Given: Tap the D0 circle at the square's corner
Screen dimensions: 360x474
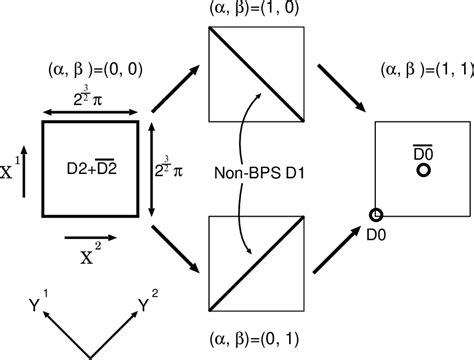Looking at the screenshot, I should pos(377,214).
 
